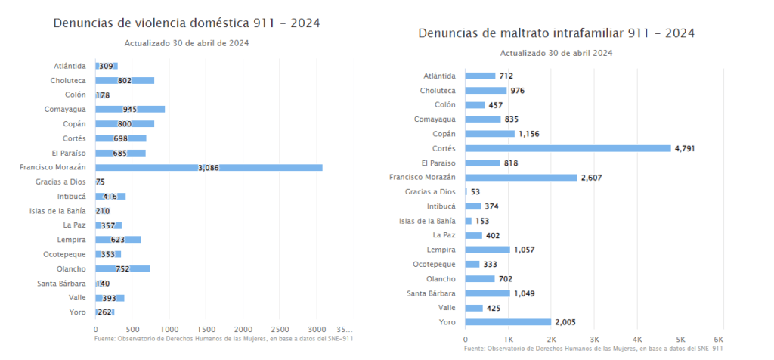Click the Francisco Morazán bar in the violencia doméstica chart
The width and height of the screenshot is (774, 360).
(209, 167)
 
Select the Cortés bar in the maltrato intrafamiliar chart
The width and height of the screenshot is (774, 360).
(568, 148)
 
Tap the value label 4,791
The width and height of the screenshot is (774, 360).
(683, 148)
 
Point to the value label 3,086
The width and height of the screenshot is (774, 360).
(209, 168)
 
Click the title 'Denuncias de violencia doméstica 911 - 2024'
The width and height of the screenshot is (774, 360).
(186, 23)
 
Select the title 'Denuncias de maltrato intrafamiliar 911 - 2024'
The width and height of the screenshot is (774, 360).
(556, 34)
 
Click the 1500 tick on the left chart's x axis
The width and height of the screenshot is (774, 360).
(206, 330)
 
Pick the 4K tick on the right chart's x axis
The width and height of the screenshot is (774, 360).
(637, 340)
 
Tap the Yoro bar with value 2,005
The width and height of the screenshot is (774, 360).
(508, 322)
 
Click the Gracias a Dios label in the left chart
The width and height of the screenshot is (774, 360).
(60, 182)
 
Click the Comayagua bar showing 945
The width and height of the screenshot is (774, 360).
(130, 109)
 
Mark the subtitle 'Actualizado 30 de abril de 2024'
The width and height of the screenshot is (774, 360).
(187, 43)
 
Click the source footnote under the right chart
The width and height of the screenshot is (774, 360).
(593, 349)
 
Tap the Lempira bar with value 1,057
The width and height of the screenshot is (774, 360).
(488, 250)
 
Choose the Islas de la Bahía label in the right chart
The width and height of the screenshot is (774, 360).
(428, 221)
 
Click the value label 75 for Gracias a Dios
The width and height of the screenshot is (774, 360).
(101, 182)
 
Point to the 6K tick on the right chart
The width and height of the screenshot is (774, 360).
(719, 340)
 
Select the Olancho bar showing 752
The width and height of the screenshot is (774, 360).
(123, 268)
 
